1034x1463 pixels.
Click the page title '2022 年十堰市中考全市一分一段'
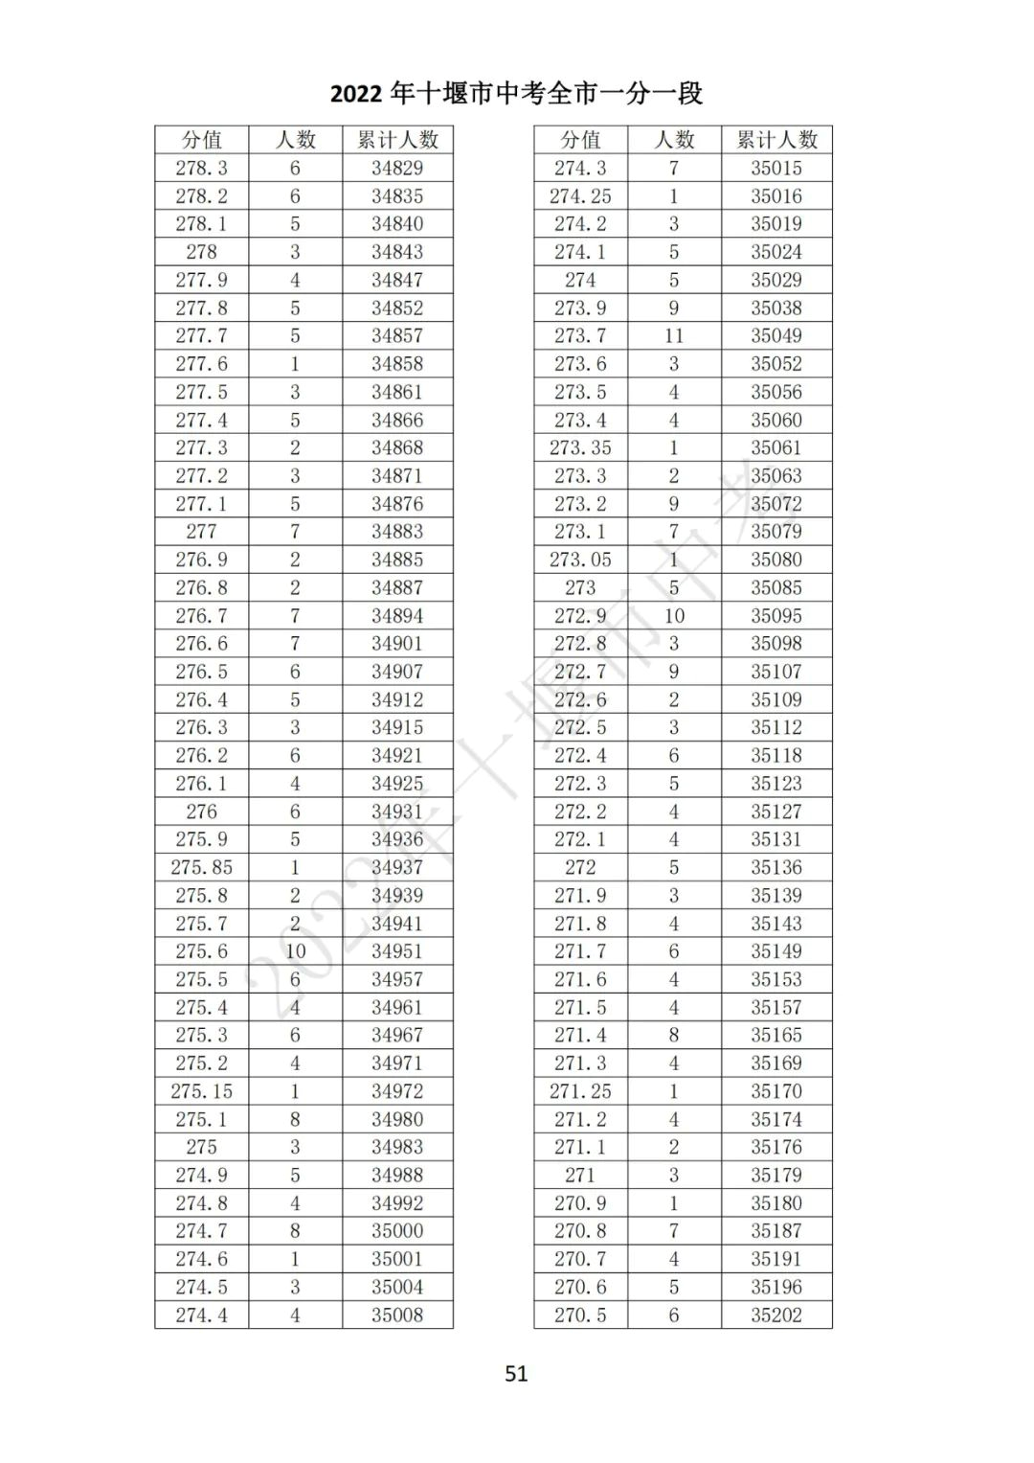[x=516, y=93]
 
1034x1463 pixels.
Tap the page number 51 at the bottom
[x=516, y=1373]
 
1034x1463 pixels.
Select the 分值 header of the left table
[x=201, y=140]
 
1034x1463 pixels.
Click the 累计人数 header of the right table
[x=776, y=140]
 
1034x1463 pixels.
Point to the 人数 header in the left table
[x=295, y=140]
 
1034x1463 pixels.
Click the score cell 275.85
[x=201, y=867]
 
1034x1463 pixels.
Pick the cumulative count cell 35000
[x=397, y=1230]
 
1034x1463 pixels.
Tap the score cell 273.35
[x=580, y=447]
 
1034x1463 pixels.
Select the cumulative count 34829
[x=397, y=168]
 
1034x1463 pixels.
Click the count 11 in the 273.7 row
[x=674, y=335]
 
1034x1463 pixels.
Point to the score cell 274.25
[x=580, y=195]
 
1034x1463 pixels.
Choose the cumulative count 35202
[x=776, y=1314]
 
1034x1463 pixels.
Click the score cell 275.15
[x=201, y=1090]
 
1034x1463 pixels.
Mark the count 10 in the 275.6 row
[x=295, y=951]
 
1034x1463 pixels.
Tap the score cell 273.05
[x=580, y=560]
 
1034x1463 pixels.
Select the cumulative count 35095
[x=776, y=615]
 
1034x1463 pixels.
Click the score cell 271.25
[x=580, y=1090]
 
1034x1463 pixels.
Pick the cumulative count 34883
[x=397, y=531]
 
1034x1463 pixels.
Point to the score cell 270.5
[x=580, y=1314]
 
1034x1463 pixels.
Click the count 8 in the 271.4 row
[x=674, y=1035]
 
